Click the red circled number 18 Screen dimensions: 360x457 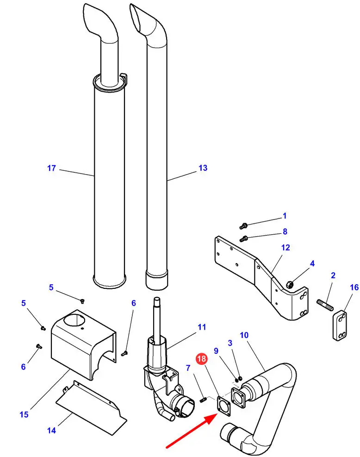click(201, 358)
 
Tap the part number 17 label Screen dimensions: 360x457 click(51, 168)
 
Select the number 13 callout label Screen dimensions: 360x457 click(203, 168)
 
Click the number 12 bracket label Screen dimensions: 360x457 click(286, 247)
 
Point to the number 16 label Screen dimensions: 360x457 click(354, 288)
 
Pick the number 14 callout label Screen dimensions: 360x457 click(51, 430)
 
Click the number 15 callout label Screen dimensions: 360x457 click(24, 414)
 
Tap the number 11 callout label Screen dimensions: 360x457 click(202, 327)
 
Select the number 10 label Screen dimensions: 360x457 click(244, 335)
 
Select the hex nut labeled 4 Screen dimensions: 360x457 click(290, 284)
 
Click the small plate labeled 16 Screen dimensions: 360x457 click(340, 326)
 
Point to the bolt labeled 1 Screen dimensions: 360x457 click(243, 225)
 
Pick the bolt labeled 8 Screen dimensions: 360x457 click(243, 239)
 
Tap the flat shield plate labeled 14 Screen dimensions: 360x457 click(91, 408)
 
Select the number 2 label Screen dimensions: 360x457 click(333, 275)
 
